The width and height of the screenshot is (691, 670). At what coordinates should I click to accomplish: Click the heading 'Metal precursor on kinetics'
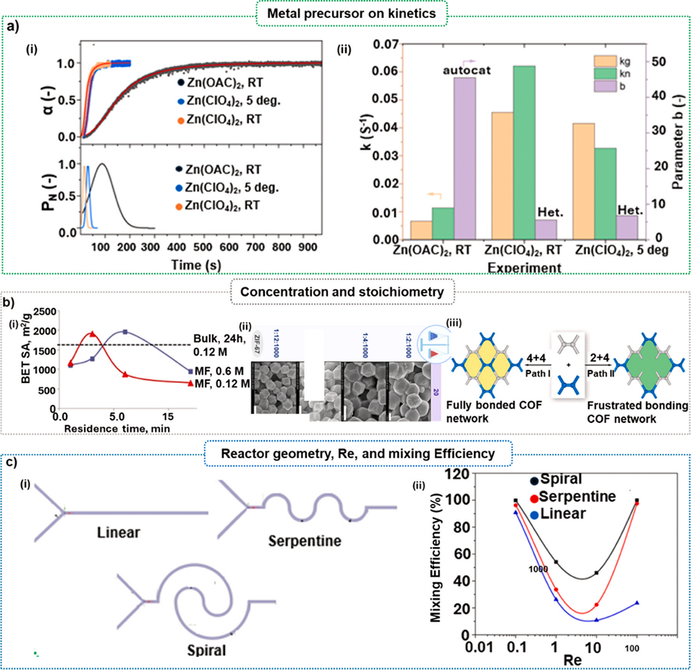click(345, 12)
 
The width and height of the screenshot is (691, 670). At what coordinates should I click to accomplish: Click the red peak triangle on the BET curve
click(92, 335)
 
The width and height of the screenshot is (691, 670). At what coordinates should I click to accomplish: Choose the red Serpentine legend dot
click(534, 498)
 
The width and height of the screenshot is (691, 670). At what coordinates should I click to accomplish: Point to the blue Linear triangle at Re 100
click(637, 602)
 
